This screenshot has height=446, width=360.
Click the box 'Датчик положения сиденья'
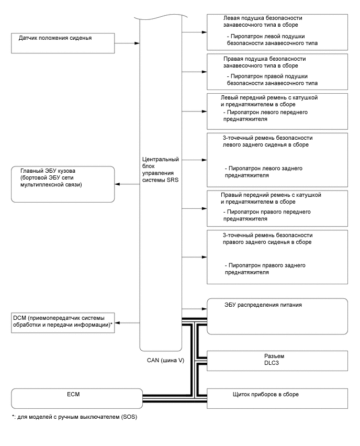coord(62,42)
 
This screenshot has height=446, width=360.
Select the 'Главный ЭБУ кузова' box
coord(62,184)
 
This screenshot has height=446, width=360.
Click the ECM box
coord(76,398)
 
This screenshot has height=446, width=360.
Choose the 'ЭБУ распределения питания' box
coord(277,316)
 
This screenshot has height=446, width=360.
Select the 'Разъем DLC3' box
coord(277,361)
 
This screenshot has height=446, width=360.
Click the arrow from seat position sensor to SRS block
coord(127,42)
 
